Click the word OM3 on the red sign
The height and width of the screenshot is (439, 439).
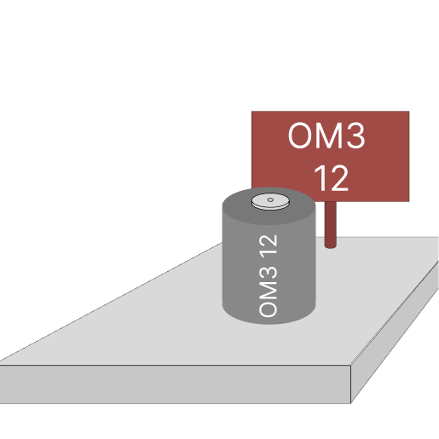click(326, 136)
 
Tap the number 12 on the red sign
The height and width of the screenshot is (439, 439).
click(332, 178)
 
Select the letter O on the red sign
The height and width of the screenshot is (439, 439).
click(300, 136)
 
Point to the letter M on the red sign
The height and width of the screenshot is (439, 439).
click(328, 136)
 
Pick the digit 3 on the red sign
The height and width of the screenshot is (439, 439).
click(355, 136)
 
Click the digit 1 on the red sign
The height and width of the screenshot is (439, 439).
click(320, 178)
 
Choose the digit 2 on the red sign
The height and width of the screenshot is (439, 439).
click(339, 178)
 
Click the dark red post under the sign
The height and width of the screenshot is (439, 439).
click(331, 224)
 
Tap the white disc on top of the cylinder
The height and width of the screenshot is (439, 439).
click(270, 201)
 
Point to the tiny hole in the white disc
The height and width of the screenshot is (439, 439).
click(270, 199)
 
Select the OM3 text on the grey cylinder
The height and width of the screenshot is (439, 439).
click(268, 292)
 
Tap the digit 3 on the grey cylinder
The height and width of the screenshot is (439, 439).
click(268, 273)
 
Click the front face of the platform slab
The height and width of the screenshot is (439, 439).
click(175, 384)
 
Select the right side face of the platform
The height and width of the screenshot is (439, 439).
click(395, 332)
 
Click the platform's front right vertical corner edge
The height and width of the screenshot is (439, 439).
click(351, 384)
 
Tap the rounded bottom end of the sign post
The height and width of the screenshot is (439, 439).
click(331, 246)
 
